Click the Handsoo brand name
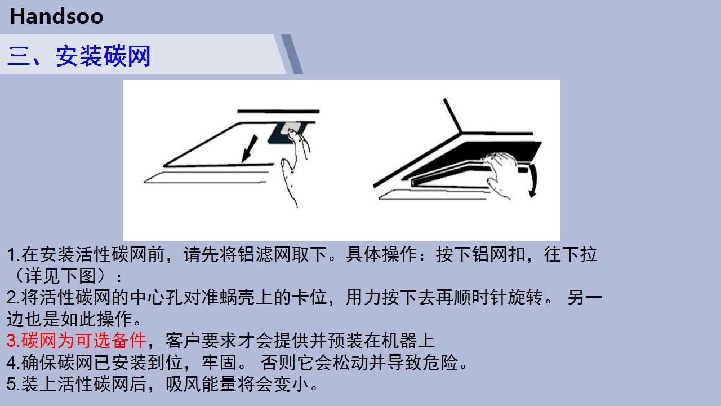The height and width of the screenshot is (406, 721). coord(56,16)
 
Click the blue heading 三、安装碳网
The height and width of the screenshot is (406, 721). coord(79,56)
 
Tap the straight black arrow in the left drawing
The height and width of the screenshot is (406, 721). coord(250,148)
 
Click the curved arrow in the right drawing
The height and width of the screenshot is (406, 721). coord(533,180)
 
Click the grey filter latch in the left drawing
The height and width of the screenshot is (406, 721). coord(291,127)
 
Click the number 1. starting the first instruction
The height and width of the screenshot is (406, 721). coord(14,254)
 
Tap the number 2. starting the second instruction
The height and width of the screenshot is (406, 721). coord(14,297)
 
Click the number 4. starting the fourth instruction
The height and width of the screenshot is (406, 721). coord(14,363)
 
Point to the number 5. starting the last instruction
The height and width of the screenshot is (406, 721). coord(14,384)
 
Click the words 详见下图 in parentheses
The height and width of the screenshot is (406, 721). coord(60,276)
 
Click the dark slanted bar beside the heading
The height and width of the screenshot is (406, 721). coord(292,54)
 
